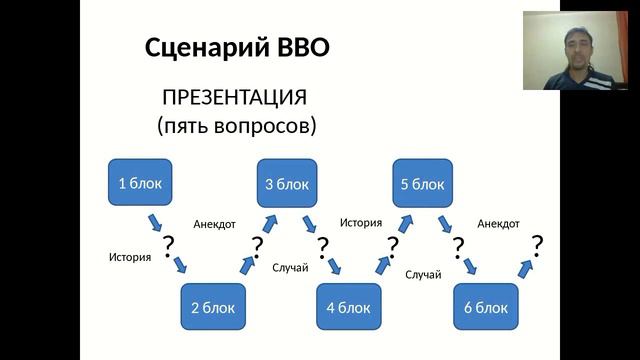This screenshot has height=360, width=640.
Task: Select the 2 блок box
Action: [x=212, y=308]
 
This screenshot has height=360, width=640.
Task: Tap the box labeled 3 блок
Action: [x=287, y=183]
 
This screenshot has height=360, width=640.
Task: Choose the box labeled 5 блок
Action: [x=422, y=183]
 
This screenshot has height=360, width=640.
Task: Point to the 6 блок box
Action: [x=486, y=308]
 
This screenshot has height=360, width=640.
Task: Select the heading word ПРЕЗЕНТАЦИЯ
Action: [x=234, y=98]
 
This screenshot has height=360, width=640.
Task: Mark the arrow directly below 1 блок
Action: [x=156, y=221]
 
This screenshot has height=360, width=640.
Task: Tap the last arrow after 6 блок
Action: [x=522, y=265]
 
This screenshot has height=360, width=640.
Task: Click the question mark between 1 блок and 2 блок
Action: [x=168, y=244]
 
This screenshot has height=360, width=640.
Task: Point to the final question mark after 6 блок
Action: [x=537, y=244]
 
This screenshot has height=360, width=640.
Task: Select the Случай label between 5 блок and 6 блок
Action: [x=423, y=274]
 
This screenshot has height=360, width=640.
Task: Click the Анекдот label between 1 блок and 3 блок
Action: [x=214, y=224]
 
